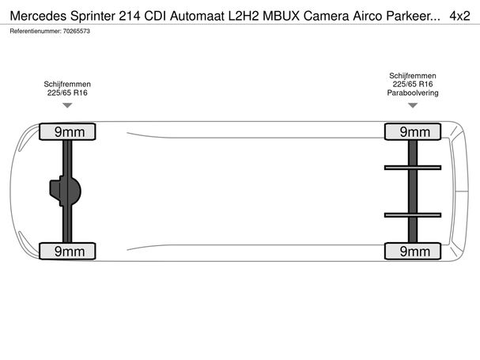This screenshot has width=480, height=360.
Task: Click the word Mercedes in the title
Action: click(x=38, y=16)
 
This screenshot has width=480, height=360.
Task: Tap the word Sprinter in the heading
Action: click(x=93, y=16)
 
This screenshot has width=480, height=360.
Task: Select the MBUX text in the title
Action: click(x=281, y=16)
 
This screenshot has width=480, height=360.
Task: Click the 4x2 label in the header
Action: click(x=459, y=16)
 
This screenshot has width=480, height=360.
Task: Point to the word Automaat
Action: click(x=197, y=16)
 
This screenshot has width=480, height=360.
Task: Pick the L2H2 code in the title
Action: click(x=244, y=16)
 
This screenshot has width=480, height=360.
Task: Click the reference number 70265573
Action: click(x=77, y=31)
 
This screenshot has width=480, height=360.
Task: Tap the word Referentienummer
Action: click(x=36, y=31)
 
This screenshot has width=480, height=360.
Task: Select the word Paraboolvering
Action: click(x=413, y=93)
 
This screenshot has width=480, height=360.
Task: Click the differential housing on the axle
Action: click(x=65, y=191)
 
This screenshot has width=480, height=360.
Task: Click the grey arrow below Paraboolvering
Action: click(x=413, y=105)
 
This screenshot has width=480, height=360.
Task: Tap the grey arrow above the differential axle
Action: click(x=67, y=105)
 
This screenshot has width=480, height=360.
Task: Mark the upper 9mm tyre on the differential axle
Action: click(x=67, y=132)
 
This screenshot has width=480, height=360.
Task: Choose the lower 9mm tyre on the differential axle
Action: click(x=67, y=252)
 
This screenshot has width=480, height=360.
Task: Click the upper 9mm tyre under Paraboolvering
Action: click(x=413, y=132)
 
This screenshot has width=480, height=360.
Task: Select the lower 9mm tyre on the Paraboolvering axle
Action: click(x=413, y=252)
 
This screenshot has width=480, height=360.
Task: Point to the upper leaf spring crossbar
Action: click(x=413, y=168)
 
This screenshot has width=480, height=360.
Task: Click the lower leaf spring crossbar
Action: click(x=413, y=215)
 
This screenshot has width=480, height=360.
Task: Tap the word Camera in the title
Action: click(x=326, y=16)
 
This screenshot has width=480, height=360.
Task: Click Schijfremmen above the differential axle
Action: click(x=67, y=84)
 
